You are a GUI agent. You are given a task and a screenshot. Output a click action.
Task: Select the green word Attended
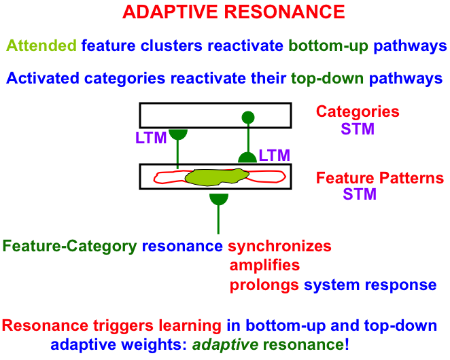(x=41, y=46)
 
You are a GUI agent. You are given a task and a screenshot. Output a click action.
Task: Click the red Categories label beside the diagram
(x=358, y=112)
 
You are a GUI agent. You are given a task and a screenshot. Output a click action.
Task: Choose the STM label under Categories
(x=358, y=128)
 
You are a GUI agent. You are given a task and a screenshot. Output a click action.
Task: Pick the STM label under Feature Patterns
(x=360, y=195)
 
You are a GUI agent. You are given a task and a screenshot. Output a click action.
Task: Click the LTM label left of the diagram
(x=151, y=139)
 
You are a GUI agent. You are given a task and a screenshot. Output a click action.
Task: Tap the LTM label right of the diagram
(x=275, y=156)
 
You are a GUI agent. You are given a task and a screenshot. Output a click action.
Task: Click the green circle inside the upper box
(x=248, y=117)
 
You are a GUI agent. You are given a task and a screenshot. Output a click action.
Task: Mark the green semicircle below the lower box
(x=218, y=198)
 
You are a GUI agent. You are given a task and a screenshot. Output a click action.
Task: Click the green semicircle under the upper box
(x=178, y=133)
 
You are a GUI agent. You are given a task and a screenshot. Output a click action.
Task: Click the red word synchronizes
(x=279, y=246)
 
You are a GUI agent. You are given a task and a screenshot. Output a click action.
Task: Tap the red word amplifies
(x=264, y=265)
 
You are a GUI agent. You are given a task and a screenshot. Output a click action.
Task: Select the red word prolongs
(x=264, y=285)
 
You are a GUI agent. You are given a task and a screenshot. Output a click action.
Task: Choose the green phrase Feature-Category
(x=69, y=246)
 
